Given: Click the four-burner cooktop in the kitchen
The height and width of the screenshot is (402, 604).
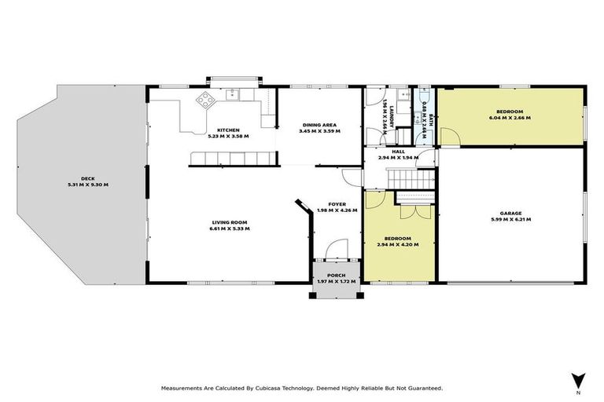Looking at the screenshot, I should click(205, 100).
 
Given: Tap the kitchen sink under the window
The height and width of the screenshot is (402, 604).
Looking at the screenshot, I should click(234, 95).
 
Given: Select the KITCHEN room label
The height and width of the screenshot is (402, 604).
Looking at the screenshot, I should click(228, 130).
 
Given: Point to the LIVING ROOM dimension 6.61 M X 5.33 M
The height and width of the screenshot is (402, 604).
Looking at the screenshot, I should click(229, 229).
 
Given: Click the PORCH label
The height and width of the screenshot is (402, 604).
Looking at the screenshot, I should click(336, 276).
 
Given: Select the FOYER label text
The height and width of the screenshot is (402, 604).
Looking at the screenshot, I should click(336, 205).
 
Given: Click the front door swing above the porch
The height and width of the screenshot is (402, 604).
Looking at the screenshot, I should click(336, 248).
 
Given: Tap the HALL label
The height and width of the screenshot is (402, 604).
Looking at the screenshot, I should click(398, 152).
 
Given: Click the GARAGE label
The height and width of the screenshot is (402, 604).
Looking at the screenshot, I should click(510, 213).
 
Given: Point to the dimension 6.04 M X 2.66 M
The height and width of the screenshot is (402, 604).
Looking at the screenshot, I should click(510, 118).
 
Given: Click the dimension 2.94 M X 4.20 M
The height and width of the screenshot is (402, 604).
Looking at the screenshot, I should click(398, 244).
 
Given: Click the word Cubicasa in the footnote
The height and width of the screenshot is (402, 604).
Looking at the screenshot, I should click(274, 388).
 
